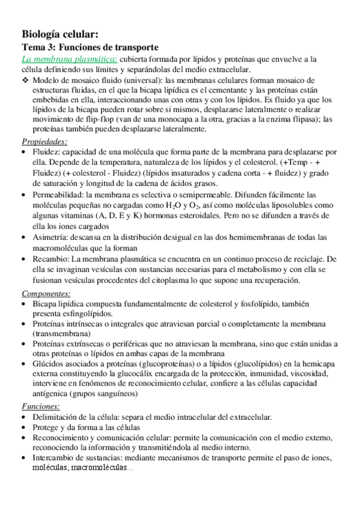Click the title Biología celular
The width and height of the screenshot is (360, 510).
[x=60, y=34]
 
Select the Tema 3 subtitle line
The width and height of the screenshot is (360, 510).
[x=90, y=47]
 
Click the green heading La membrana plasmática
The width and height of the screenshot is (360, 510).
[x=70, y=59]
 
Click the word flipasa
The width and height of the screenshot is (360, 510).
[x=296, y=119]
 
